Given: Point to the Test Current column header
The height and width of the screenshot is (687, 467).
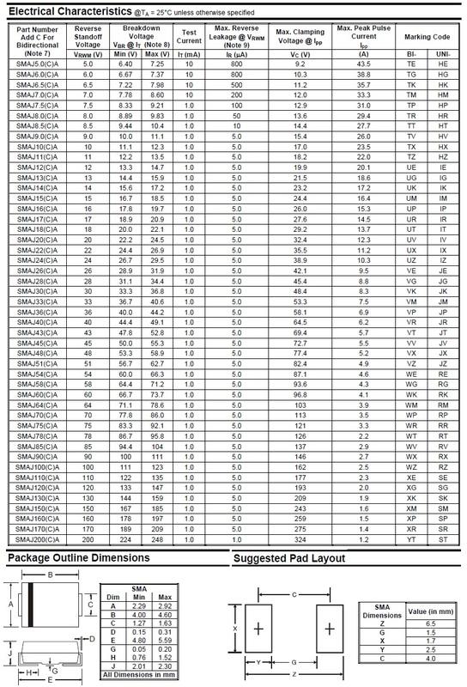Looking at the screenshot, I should [189, 34].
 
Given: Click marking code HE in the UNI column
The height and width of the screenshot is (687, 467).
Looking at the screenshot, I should [443, 64].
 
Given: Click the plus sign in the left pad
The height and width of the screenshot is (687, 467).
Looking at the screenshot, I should [258, 629].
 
